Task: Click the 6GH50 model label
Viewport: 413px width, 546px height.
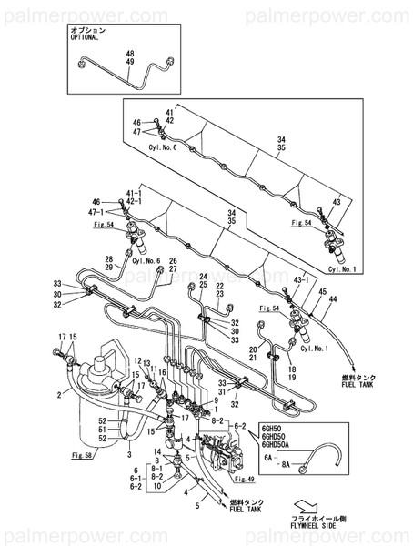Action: click(x=274, y=428)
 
